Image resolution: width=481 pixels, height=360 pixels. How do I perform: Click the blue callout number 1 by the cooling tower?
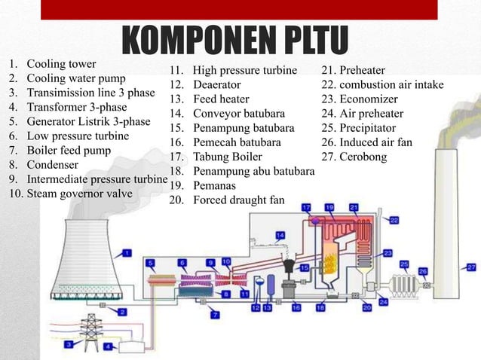coord(127,253)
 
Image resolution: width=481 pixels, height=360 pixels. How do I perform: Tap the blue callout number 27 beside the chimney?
coord(472,267)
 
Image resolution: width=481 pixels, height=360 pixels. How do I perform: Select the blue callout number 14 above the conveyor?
coord(280,236)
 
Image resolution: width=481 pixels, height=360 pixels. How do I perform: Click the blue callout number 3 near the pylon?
coord(70,344)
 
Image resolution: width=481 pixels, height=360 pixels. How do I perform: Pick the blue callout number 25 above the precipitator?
coord(404,265)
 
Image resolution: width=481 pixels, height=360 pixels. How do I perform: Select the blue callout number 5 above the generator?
coord(151,263)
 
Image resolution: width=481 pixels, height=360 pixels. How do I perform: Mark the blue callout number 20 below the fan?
coord(367,307)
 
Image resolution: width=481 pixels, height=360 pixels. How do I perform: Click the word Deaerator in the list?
coord(216,85)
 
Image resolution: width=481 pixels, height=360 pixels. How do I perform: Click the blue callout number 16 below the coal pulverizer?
coord(296,307)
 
